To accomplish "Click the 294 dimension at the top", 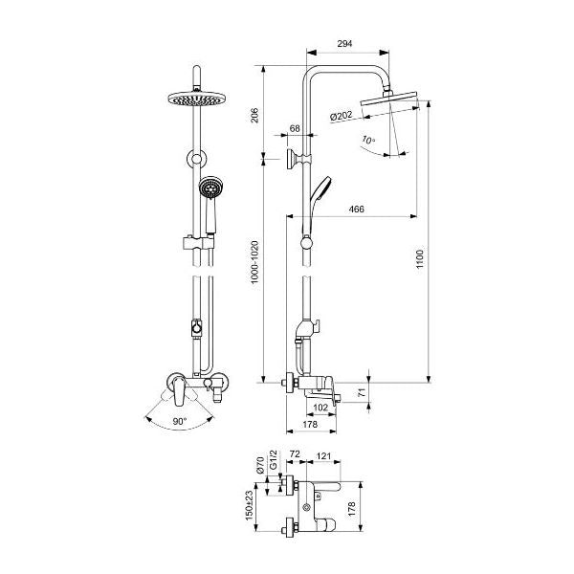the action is pos(344,44).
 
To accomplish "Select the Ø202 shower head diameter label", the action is pos(341,117).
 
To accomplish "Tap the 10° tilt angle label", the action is pos(368,140).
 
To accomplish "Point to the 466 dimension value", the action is pos(356,209).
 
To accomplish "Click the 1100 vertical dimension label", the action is pos(420,259).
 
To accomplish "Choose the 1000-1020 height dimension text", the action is pos(254,262).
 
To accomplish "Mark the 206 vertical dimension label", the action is pos(254,116).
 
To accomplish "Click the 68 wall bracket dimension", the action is pos(295,128).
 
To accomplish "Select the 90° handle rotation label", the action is pos(180,421).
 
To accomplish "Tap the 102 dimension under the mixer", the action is pos(320,408).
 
